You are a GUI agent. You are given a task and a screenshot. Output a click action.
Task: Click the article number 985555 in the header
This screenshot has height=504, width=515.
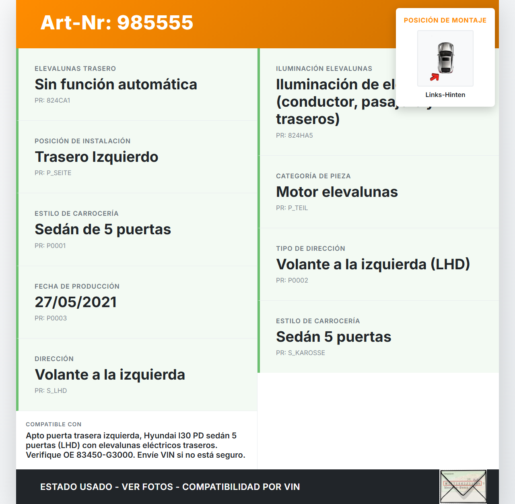pyautogui.click(x=155, y=23)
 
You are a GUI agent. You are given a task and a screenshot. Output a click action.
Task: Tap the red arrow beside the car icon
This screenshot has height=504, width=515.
pyautogui.click(x=435, y=77)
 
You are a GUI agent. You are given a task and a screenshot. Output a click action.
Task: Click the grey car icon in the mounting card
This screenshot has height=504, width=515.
pyautogui.click(x=446, y=58)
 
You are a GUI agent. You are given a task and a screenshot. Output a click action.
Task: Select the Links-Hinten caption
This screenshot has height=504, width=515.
pyautogui.click(x=445, y=95)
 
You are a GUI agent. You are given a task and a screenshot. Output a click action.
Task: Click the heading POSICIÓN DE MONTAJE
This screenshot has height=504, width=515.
pyautogui.click(x=445, y=20)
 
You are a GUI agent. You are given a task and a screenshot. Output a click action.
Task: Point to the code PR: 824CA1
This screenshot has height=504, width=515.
pyautogui.click(x=52, y=100)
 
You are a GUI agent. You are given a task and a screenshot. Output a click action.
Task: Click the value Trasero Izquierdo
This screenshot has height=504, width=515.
pyautogui.click(x=97, y=157)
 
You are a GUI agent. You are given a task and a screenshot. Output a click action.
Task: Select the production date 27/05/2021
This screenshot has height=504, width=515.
pyautogui.click(x=76, y=302)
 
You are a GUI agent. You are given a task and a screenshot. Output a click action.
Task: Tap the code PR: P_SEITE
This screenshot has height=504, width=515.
pyautogui.click(x=53, y=173)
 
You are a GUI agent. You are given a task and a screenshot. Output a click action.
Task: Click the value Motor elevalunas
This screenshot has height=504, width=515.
pyautogui.click(x=337, y=192)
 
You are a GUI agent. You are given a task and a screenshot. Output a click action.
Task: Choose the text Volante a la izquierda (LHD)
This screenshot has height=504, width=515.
pyautogui.click(x=373, y=264)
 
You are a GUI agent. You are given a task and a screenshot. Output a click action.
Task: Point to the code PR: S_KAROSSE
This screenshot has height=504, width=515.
pyautogui.click(x=300, y=353)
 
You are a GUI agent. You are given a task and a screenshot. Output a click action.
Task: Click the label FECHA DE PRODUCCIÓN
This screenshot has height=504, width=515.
pyautogui.click(x=77, y=286)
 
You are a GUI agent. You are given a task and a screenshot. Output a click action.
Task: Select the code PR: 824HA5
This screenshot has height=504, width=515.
pyautogui.click(x=294, y=135)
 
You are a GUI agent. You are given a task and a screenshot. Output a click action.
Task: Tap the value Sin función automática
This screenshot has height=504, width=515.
pyautogui.click(x=116, y=85)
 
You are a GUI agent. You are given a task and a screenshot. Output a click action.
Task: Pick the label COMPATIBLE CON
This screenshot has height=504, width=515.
pyautogui.click(x=54, y=424)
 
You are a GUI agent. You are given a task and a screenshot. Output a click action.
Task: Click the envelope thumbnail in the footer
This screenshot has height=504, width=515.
pyautogui.click(x=463, y=486)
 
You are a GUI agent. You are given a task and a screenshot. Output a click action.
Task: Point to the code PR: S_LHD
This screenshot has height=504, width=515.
pyautogui.click(x=51, y=390)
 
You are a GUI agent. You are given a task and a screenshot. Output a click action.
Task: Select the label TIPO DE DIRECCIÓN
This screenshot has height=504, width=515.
pyautogui.click(x=310, y=248)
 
